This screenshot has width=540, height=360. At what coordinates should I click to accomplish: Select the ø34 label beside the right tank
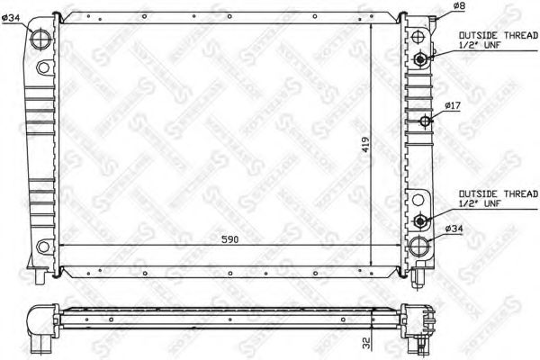455,229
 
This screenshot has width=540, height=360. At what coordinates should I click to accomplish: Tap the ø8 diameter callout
459,6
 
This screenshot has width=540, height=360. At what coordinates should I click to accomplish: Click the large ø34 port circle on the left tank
41,40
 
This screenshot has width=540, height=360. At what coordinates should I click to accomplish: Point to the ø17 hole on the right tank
422,120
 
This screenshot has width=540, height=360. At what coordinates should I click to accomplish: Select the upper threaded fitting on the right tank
421,59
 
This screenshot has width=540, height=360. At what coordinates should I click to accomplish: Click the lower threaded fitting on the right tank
421,220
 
